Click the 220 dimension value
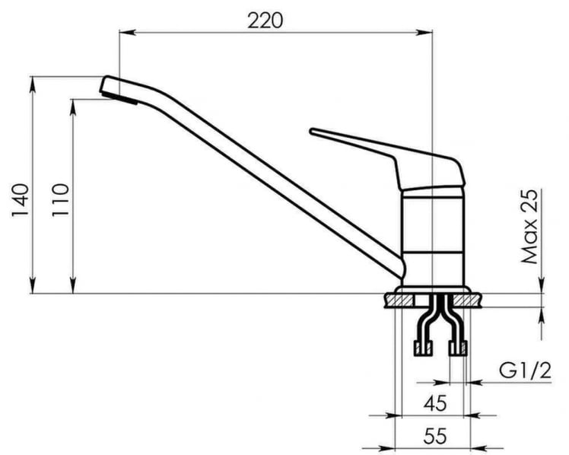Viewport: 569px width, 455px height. [x=264, y=20]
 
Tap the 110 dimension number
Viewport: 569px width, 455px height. [x=61, y=200]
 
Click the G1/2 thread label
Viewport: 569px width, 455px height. [x=526, y=372]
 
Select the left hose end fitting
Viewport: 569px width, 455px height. [x=421, y=349]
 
